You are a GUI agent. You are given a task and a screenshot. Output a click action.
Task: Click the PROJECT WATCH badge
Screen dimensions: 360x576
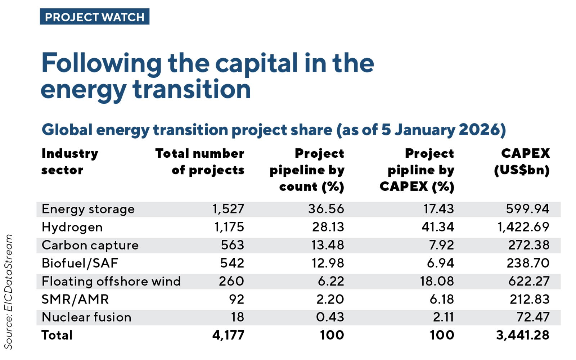click(94, 17)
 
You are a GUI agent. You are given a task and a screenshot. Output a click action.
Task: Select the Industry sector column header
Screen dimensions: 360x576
click(69, 162)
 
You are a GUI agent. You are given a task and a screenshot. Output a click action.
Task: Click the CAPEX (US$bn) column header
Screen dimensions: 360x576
click(522, 162)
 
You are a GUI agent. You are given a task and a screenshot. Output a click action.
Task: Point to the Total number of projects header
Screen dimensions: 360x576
click(200, 162)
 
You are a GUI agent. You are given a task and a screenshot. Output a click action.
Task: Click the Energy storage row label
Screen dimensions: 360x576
click(88, 209)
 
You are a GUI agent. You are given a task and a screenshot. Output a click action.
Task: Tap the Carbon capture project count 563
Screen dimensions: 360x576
click(232, 245)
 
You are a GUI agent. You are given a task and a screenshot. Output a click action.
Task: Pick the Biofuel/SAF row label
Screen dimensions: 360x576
click(80, 263)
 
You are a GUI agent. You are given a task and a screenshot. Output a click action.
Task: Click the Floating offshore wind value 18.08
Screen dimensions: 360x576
click(437, 281)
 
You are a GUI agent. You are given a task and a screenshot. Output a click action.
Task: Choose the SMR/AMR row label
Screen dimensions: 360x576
click(75, 299)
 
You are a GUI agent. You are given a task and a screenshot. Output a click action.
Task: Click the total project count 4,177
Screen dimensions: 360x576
click(228, 335)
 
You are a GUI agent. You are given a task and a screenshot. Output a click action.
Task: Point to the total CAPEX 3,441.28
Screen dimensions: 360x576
click(523, 335)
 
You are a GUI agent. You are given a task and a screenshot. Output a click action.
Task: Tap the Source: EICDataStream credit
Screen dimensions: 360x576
click(8, 292)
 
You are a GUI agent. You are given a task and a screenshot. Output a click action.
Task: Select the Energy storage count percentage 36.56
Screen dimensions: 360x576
click(326, 209)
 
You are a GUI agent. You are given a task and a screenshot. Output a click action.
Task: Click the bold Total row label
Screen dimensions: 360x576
click(57, 335)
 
